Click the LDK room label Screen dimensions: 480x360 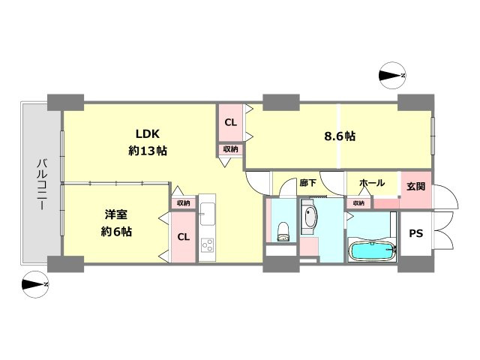coord(148,133)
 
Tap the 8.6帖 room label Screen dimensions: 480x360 coord(340,136)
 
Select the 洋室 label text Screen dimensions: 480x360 coord(116,214)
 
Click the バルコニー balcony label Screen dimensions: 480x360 coord(42,184)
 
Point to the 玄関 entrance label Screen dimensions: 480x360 coord(415,186)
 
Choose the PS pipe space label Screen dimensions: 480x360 coord(416,233)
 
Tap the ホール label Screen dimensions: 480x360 coord(372,183)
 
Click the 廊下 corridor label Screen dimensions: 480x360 coord(308,183)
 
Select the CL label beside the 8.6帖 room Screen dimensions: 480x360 coord(230,122)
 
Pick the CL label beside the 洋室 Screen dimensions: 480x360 coord(184,237)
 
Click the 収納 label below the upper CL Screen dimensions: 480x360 coord(230,149)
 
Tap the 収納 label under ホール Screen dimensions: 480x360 coord(358,203)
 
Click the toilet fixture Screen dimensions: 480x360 coord(283,232)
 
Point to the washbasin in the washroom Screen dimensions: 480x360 coord(310,217)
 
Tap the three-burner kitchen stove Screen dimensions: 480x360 coord(207,245)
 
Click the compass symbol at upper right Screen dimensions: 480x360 coord(392,76)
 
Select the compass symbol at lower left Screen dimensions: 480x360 coord(35,285)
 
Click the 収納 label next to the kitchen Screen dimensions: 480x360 coord(183,203)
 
